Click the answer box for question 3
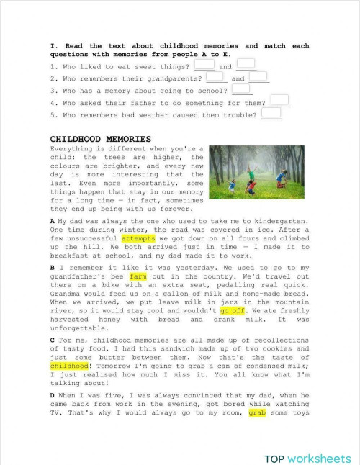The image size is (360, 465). (241, 89)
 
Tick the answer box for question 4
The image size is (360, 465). (280, 101)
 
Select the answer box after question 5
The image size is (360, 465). (271, 113)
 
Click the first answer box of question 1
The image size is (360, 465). (204, 65)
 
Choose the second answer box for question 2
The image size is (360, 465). (258, 77)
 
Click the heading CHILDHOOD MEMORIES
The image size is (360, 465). (100, 138)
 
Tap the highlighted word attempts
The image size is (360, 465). (133, 237)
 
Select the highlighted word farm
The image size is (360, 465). (138, 276)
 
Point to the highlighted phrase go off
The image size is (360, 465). (233, 311)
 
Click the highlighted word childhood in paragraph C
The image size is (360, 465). (68, 366)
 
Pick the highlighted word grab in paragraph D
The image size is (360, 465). (257, 413)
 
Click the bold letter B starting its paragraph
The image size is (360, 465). (53, 267)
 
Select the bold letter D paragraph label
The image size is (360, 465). (53, 395)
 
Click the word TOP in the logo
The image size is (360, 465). (274, 459)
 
